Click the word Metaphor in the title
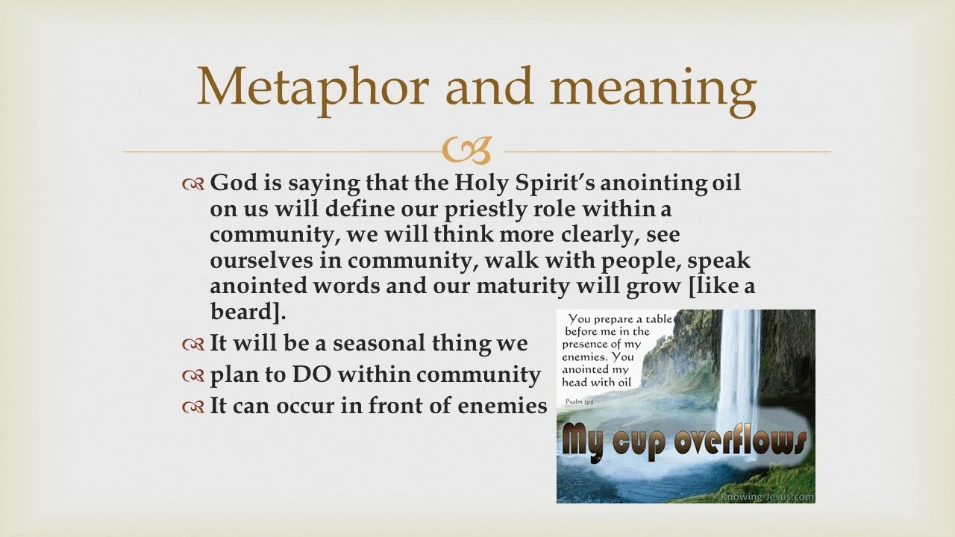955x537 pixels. point(312,87)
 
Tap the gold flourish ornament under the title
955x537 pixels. point(477,151)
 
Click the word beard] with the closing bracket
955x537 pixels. point(248,310)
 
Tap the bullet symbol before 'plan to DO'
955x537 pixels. point(192,376)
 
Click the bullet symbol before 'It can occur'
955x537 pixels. point(192,407)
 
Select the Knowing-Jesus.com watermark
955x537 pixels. point(766,497)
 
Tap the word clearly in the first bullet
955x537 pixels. point(589,234)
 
